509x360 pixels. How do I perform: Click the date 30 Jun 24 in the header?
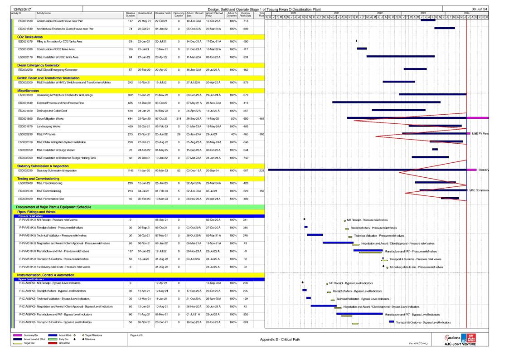pos(480,9)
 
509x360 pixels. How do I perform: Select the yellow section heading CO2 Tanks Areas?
pos(30,37)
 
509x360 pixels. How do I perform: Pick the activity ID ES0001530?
pos(25,21)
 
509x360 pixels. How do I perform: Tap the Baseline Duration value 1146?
pos(131,170)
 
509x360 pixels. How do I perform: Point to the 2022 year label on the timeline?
pos(379,13)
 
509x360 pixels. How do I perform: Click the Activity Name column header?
pos(44,14)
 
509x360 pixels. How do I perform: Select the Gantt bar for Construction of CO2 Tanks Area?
pos(362,49)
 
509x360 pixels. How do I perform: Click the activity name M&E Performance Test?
pos(50,199)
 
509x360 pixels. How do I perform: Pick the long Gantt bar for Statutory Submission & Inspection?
pos(367,170)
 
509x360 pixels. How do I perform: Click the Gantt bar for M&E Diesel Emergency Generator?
pos(415,69)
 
